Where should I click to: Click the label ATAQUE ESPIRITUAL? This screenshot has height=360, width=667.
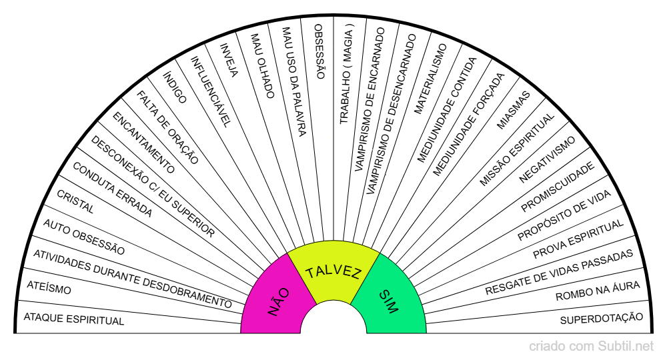(x=73, y=319)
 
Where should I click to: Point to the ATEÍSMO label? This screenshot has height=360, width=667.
(x=49, y=288)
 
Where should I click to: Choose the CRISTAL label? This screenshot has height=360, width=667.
(x=75, y=201)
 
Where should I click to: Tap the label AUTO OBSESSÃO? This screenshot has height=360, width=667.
(x=84, y=237)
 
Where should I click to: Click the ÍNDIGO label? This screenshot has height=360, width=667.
(x=175, y=87)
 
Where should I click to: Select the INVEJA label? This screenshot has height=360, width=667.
(x=228, y=61)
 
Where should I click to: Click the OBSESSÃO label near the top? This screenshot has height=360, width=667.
(x=319, y=51)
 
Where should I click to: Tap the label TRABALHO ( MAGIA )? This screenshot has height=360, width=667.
(x=346, y=77)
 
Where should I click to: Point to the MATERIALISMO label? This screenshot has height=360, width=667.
(x=430, y=79)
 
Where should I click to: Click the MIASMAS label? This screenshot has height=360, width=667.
(x=514, y=110)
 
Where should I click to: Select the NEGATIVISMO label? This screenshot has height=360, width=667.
(x=547, y=159)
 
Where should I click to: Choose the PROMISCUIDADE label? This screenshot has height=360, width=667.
(x=558, y=187)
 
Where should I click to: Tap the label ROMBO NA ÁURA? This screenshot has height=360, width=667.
(x=598, y=291)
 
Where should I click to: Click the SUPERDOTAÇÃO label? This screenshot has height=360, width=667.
(x=602, y=319)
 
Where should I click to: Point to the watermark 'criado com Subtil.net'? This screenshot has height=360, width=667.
(x=591, y=347)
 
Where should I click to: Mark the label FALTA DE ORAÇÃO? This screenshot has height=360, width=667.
(x=167, y=127)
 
